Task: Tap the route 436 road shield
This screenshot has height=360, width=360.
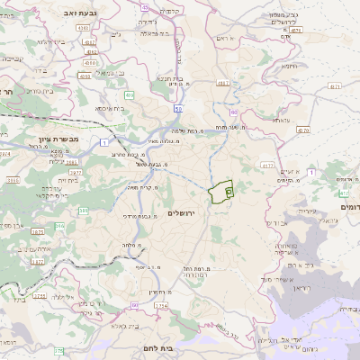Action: point(129,94)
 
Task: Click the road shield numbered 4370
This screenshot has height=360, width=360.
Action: point(302,130)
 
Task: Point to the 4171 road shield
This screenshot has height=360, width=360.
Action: point(335,86)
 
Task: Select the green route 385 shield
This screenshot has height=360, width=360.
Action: point(84,211)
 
